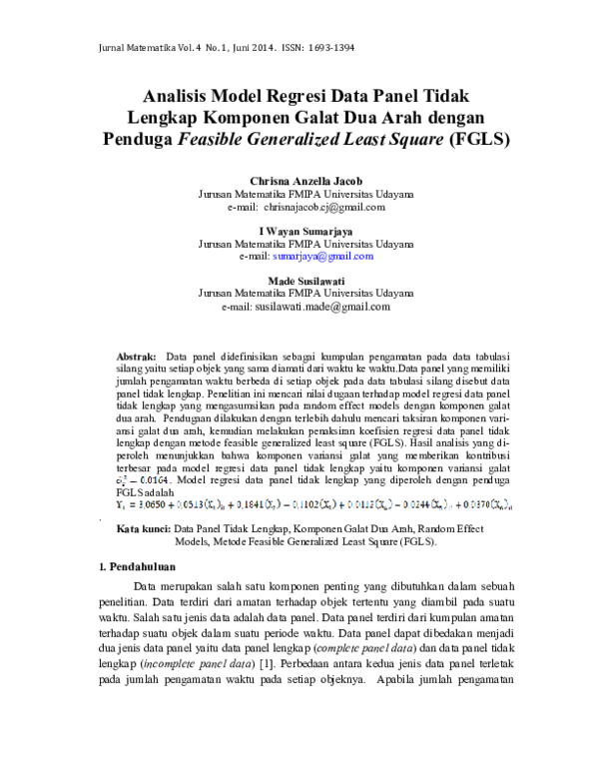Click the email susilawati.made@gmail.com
[319, 307]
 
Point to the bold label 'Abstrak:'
[137, 357]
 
